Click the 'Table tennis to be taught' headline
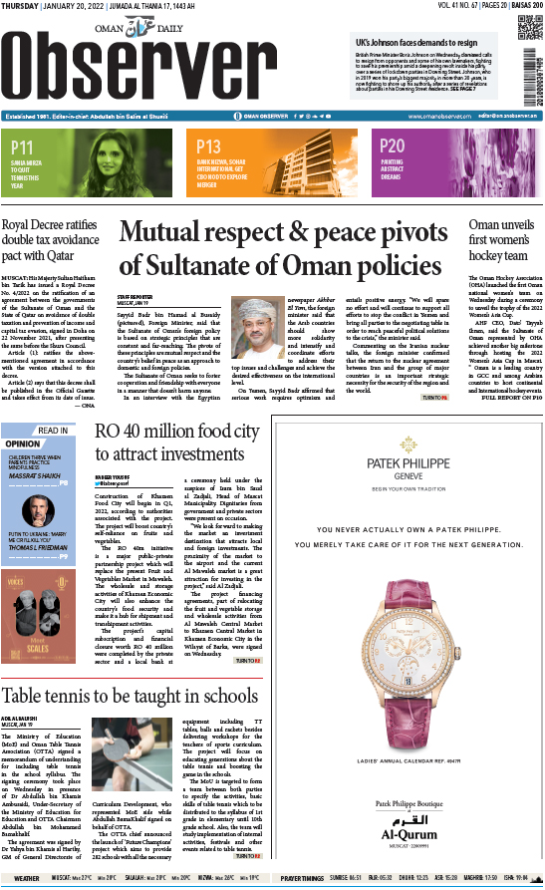click(x=131, y=696)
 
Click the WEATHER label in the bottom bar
click(x=27, y=879)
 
